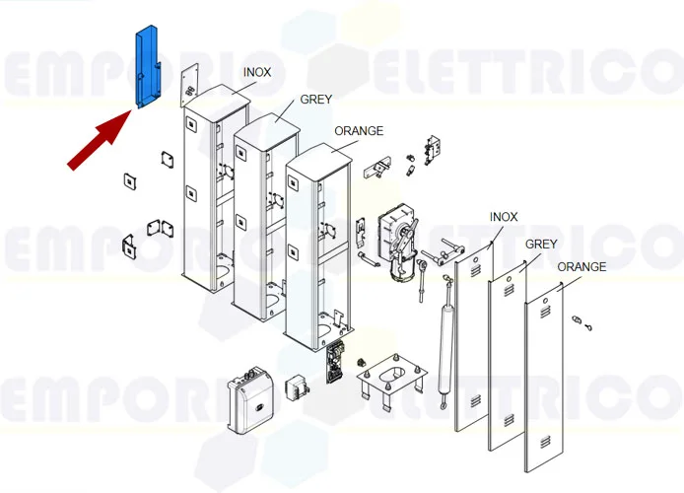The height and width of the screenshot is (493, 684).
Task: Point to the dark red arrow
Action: (x=101, y=140)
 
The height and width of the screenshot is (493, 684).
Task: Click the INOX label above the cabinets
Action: (x=257, y=72)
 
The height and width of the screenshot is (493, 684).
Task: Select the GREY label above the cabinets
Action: (x=315, y=100)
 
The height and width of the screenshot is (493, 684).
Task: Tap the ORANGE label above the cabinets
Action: (x=359, y=131)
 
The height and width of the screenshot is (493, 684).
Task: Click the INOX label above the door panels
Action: (x=504, y=217)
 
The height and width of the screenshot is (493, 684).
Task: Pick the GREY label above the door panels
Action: (x=541, y=245)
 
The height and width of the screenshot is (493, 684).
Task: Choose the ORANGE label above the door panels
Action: (x=581, y=266)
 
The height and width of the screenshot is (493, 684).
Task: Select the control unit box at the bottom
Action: (x=250, y=399)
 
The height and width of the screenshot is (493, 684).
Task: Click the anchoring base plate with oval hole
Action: (x=391, y=378)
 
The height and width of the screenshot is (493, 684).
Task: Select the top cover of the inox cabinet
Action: (x=217, y=100)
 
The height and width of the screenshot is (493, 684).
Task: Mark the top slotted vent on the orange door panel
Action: (x=545, y=313)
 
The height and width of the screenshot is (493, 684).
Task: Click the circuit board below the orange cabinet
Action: (x=335, y=362)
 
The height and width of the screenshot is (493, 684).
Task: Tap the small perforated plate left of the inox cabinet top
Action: (x=189, y=84)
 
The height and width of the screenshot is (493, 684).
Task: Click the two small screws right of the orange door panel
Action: (x=581, y=323)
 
